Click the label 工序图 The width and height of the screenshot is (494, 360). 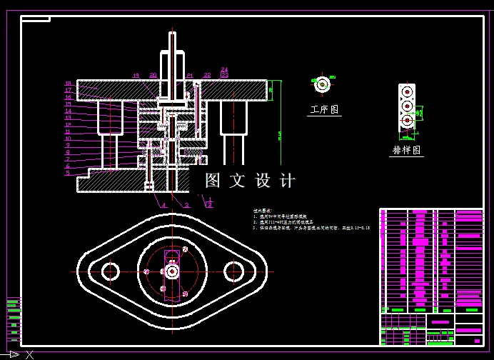(325, 110)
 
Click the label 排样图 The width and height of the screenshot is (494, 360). (407, 151)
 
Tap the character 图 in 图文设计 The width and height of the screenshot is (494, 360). (213, 181)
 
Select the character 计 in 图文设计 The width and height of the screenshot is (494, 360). (288, 181)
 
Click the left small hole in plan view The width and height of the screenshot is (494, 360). (110, 271)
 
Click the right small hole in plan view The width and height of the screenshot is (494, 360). (233, 271)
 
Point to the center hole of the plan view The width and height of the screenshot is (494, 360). (172, 271)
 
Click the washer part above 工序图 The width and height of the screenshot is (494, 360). (322, 84)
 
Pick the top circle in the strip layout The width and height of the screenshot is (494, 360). (407, 93)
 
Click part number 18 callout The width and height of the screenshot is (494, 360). (69, 84)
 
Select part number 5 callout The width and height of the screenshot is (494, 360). (69, 173)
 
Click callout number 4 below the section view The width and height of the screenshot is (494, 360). (163, 205)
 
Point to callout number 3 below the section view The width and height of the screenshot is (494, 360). (187, 205)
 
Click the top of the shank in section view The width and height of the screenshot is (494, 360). (171, 36)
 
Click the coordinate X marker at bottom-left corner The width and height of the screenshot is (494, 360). (29, 354)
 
